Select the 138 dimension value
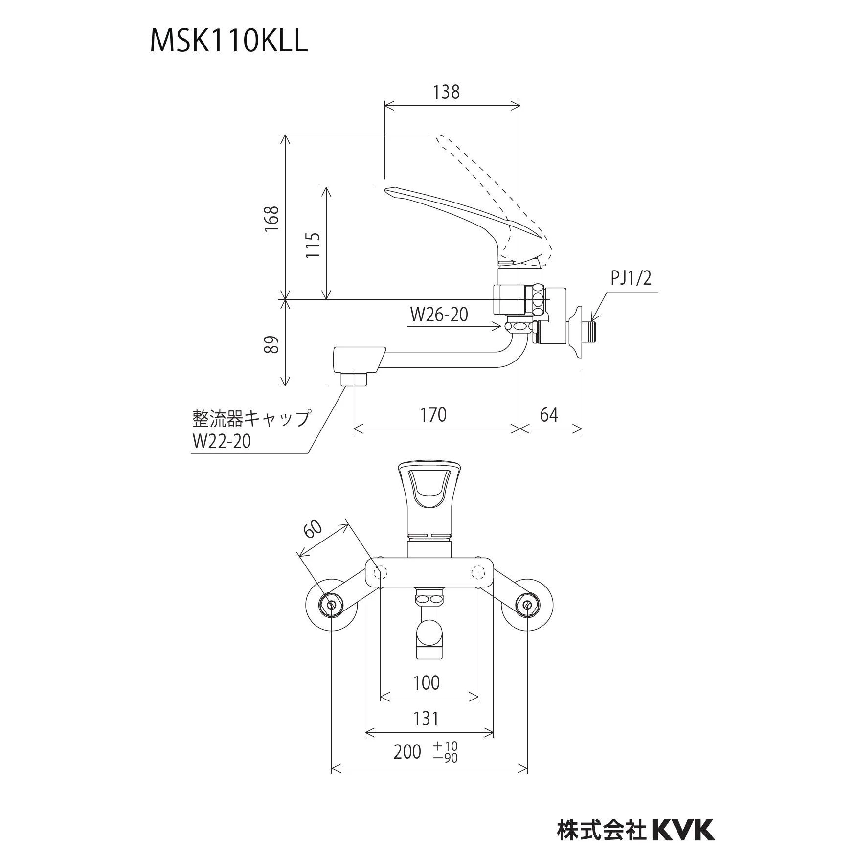click(446, 92)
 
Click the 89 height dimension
click(272, 344)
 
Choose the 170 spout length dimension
click(433, 415)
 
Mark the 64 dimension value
click(549, 415)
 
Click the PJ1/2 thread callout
click(631, 279)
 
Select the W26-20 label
click(439, 315)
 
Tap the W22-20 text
click(222, 441)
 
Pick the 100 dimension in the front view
click(426, 683)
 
